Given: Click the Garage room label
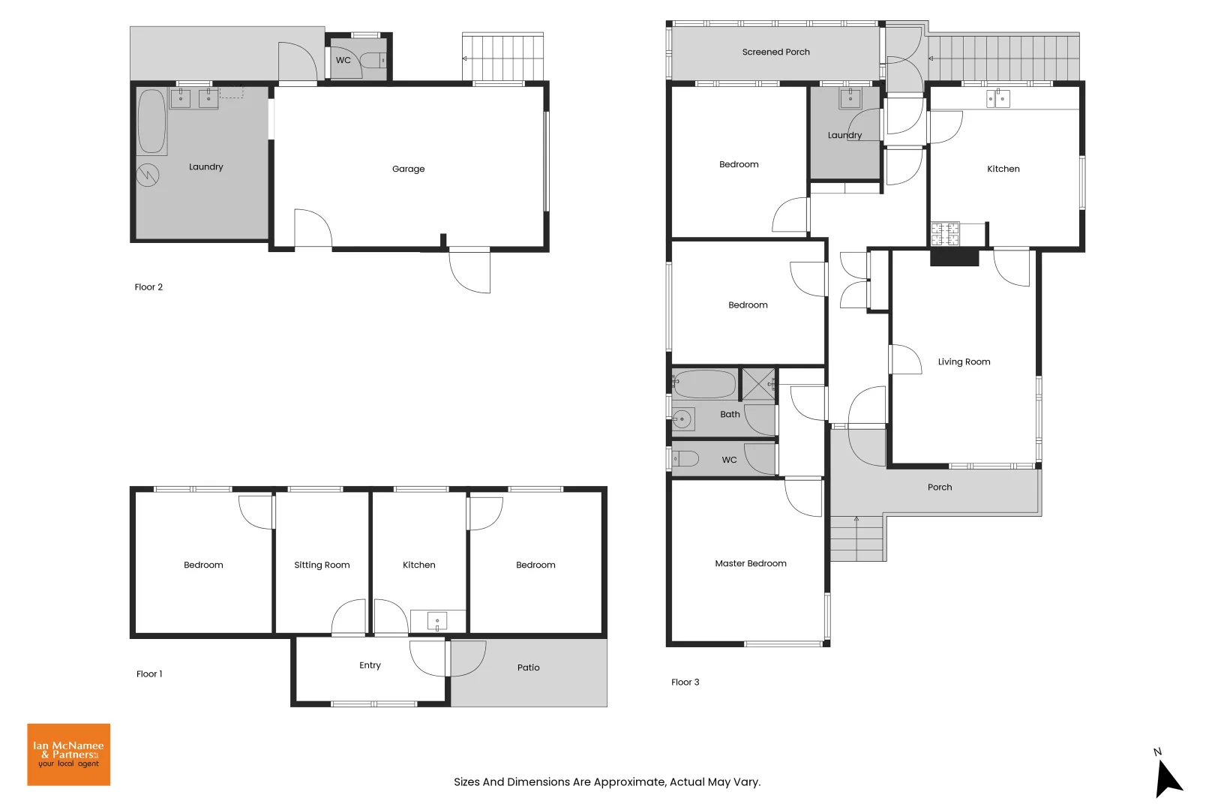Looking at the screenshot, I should pos(408,169).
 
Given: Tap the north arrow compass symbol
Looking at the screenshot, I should pos(1167,778).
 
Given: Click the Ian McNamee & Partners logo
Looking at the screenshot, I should pos(68,754).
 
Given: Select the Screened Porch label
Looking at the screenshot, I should pos(775,52).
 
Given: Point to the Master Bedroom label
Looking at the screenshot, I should pos(750,563).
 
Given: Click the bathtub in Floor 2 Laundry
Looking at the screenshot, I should pos(151,121).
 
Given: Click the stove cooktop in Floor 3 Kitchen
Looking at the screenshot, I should pos(944,234).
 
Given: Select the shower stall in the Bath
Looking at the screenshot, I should pos(757,384).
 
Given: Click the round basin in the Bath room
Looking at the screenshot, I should pos(682,418).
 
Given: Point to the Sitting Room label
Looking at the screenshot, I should pos(322,565).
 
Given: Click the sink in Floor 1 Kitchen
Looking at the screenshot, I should pos(436,621).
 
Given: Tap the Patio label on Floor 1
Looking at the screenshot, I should pos(528,667).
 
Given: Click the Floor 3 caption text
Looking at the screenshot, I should pos(685,682).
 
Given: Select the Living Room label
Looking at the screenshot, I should pos(964,361).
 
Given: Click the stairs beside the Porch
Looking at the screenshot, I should pos(856,539).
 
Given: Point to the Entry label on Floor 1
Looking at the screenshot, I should pos(370,665).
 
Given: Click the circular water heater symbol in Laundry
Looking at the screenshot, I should pos(148,175).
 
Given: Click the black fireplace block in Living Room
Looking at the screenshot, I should pos(954,257).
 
